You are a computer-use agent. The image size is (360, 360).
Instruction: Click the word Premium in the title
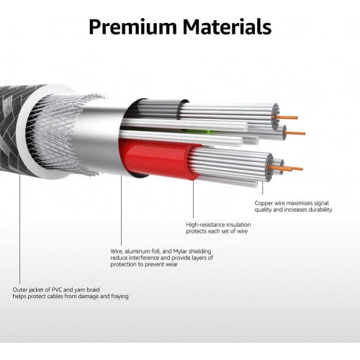[x=132, y=27]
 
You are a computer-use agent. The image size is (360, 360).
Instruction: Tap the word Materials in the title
[x=227, y=27]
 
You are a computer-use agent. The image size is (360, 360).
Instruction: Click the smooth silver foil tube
[x=101, y=142]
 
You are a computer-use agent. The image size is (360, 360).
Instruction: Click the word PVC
[x=57, y=289]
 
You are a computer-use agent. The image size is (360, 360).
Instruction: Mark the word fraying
[x=120, y=297]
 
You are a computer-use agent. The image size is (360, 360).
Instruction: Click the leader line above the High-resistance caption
[x=193, y=199]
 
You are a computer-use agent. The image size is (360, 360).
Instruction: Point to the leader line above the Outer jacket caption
[x=19, y=229]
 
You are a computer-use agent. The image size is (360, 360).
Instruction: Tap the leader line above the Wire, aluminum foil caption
[x=121, y=211]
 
